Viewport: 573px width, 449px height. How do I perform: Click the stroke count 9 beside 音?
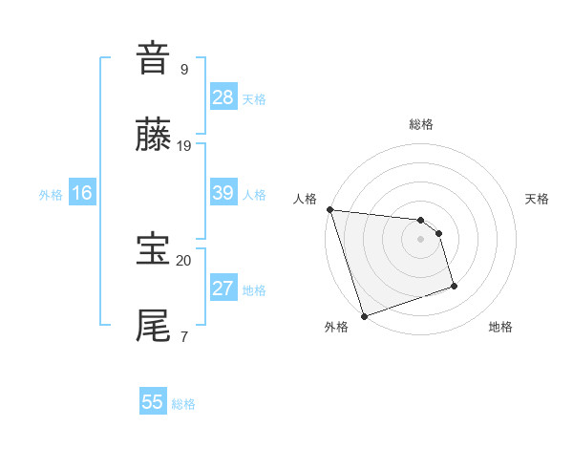click(184, 69)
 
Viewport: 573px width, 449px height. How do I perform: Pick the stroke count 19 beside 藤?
click(184, 145)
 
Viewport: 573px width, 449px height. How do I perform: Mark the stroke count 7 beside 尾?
click(184, 336)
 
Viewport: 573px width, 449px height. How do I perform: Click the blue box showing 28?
click(223, 97)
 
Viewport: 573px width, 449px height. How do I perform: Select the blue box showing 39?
click(223, 193)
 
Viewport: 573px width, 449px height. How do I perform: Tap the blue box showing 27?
click(223, 289)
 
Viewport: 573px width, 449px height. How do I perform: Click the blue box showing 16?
click(82, 193)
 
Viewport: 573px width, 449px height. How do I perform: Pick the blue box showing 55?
click(153, 402)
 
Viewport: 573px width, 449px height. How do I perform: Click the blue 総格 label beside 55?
click(183, 404)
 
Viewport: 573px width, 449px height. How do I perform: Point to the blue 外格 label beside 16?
click(51, 195)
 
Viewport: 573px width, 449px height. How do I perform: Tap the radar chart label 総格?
click(421, 124)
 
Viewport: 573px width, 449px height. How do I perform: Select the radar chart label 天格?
click(538, 199)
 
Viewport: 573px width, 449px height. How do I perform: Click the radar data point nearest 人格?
click(329, 209)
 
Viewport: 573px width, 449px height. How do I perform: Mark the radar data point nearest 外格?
click(364, 315)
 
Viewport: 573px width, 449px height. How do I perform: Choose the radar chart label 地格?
click(500, 328)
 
